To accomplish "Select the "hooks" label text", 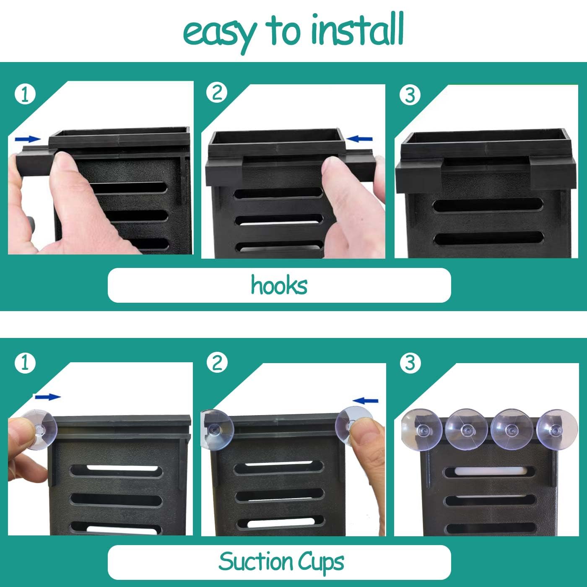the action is click(279, 285).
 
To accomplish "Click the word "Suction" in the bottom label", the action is click(255, 561).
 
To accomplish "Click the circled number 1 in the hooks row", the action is click(25, 94).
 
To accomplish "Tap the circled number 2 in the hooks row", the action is click(217, 92).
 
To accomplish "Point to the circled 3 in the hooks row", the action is click(410, 95).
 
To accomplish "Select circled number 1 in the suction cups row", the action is click(25, 363).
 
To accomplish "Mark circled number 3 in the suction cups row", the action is click(410, 363).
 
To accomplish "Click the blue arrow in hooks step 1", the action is click(28, 139).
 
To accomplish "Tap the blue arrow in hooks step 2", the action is click(359, 139).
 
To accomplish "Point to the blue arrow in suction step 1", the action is click(48, 397).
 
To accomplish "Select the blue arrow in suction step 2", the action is click(365, 400).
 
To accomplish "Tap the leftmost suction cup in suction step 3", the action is click(422, 429).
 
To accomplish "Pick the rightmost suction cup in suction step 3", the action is click(557, 429).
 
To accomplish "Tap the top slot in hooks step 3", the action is click(488, 204).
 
